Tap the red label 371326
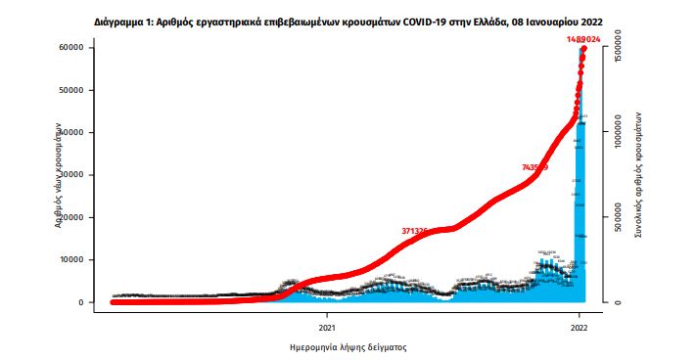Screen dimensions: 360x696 (x=420, y=231)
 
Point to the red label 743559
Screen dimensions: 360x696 (x=534, y=167)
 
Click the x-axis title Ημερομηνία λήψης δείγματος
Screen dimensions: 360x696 (x=348, y=347)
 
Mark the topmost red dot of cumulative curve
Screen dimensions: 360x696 (x=583, y=48)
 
